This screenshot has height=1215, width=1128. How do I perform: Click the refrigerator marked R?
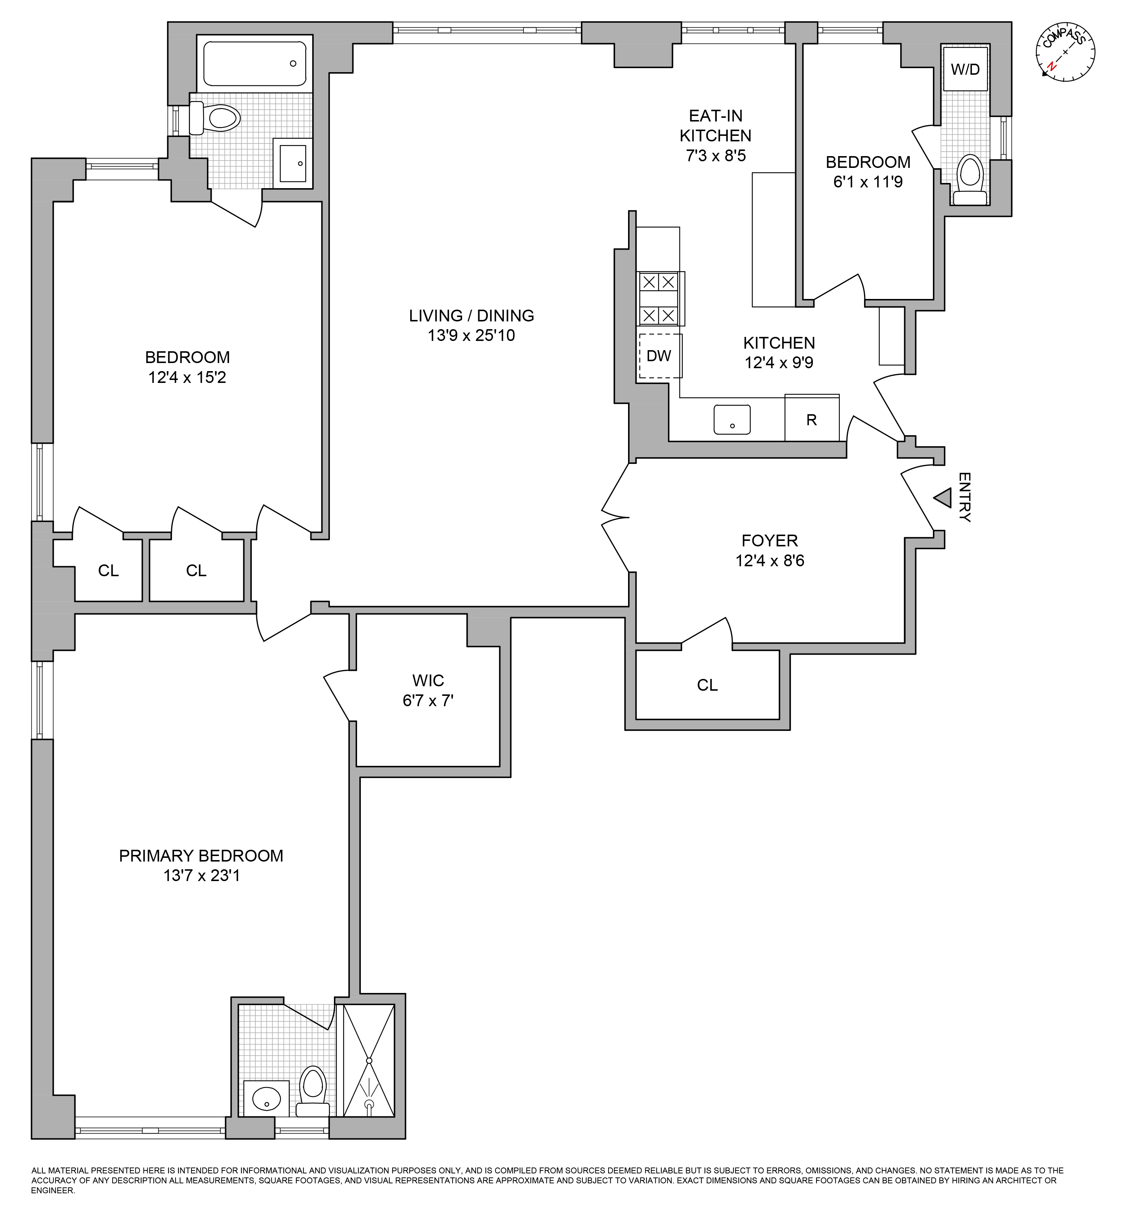812,418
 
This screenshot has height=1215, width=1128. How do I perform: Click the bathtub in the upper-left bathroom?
254,63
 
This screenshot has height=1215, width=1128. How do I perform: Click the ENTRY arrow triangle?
943,498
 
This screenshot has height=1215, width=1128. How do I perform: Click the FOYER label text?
770,541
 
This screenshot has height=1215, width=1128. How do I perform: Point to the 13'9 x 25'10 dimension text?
471,335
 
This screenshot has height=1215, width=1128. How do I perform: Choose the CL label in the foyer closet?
708,685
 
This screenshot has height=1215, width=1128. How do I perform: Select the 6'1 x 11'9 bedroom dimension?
868,182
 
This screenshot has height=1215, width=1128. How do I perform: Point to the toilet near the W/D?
970,180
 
